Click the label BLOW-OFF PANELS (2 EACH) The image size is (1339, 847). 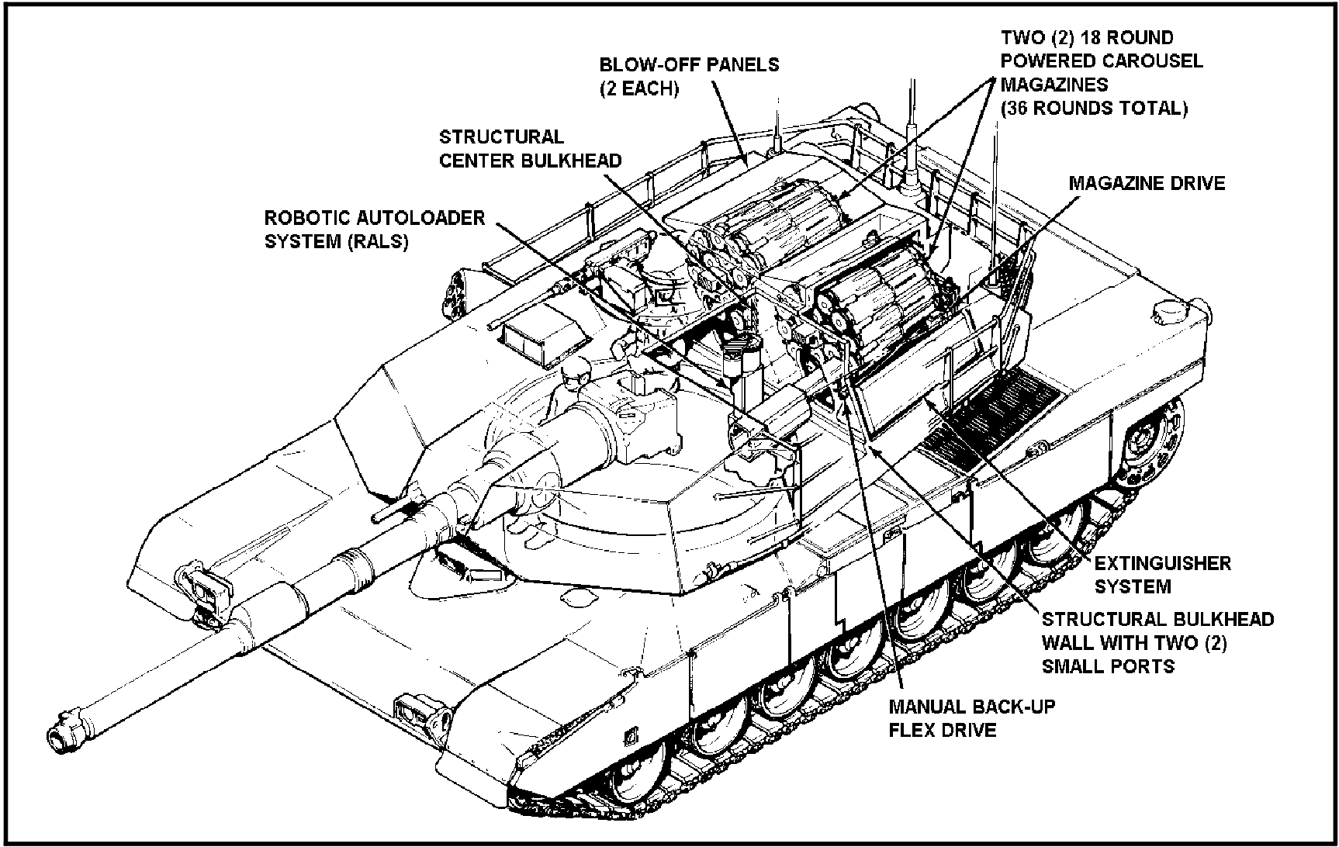coord(689,76)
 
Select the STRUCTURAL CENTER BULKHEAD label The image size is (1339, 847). coord(530,149)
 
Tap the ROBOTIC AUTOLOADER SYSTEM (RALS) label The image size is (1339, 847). coord(375,229)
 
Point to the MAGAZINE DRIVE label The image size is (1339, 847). coord(1147,184)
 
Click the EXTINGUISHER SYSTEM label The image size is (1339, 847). coord(1162,575)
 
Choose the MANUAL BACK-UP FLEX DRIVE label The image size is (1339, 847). coord(971,718)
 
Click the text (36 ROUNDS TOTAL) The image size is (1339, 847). coord(1094,109)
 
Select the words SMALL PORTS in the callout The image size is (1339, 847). coord(1108,666)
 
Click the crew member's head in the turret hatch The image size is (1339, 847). coord(571,378)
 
